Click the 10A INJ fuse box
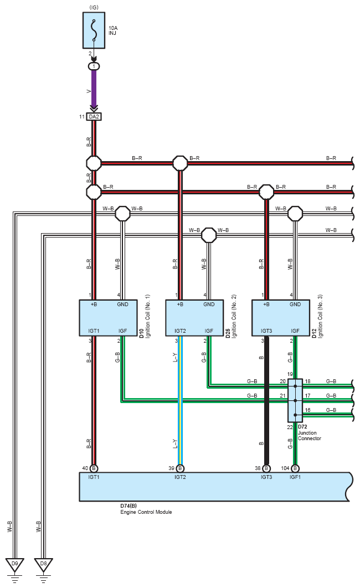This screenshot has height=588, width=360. (94, 30)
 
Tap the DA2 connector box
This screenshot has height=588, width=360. (94, 117)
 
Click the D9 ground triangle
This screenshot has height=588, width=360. (14, 565)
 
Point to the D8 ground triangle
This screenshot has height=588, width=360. (44, 565)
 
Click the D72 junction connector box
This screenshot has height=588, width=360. (295, 400)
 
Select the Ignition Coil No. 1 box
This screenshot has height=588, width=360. (108, 318)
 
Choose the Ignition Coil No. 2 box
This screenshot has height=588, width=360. (194, 318)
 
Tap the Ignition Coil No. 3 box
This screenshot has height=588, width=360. (281, 318)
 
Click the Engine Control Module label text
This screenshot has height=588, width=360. (146, 512)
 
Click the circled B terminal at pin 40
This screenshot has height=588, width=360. (94, 468)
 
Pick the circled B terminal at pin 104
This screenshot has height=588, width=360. (295, 468)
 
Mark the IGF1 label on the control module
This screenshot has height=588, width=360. (295, 477)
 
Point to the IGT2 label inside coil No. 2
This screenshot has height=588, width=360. (180, 331)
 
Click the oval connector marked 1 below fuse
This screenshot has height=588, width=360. (94, 66)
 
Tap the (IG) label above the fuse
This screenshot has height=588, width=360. (94, 8)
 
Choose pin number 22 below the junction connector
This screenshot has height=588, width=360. (290, 427)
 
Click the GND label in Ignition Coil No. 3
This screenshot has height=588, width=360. (295, 305)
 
